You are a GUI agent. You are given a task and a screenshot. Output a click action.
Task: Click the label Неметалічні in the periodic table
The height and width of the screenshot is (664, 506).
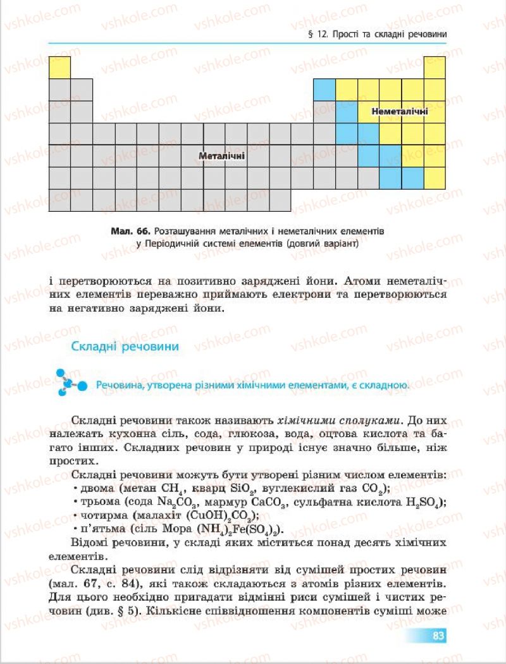pos(400,111)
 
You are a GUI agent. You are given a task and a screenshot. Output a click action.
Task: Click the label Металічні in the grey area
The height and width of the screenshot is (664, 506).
pos(221,156)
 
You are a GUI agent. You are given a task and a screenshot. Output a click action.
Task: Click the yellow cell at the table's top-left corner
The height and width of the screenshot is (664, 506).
pos(59,66)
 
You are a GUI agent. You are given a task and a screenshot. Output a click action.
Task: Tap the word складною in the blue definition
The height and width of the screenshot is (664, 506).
pos(383,385)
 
